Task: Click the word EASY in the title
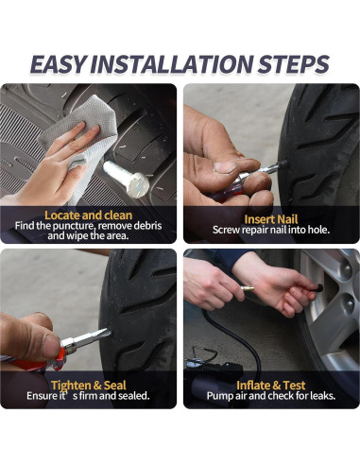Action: coord(58,64)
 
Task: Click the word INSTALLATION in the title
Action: coord(171,64)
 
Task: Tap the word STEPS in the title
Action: coord(294,64)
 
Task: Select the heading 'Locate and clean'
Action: coord(89,215)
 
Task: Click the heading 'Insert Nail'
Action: coord(271,219)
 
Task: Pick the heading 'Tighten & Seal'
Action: coord(89,386)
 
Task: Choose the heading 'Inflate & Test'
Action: coord(271,386)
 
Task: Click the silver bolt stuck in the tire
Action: coord(127,179)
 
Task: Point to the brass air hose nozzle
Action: coord(248,289)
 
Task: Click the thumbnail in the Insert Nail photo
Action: coord(225,167)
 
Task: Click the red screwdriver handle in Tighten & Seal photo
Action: coord(38,361)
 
